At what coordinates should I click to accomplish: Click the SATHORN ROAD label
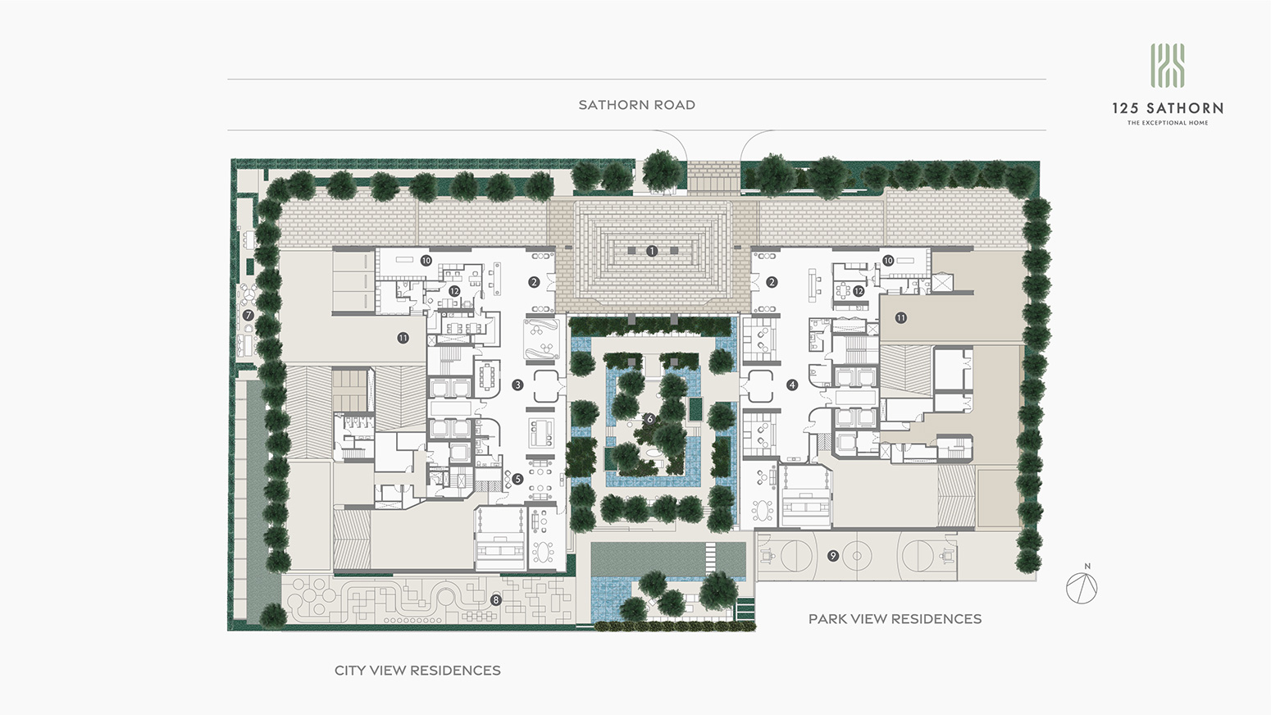[636, 105]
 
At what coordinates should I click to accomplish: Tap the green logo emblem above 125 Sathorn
[1167, 66]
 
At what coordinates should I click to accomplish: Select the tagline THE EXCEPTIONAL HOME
[1167, 122]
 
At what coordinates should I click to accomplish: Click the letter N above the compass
[1087, 566]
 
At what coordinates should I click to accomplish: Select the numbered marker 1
[652, 251]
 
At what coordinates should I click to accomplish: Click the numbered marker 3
[517, 385]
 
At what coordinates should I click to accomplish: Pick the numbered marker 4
[792, 385]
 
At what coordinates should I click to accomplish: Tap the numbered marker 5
[517, 479]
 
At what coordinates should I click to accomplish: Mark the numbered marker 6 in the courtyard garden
[650, 419]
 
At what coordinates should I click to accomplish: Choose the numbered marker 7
[248, 316]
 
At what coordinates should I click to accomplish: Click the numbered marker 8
[496, 599]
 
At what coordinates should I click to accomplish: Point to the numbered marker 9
[833, 556]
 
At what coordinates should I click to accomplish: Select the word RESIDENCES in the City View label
[455, 670]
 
